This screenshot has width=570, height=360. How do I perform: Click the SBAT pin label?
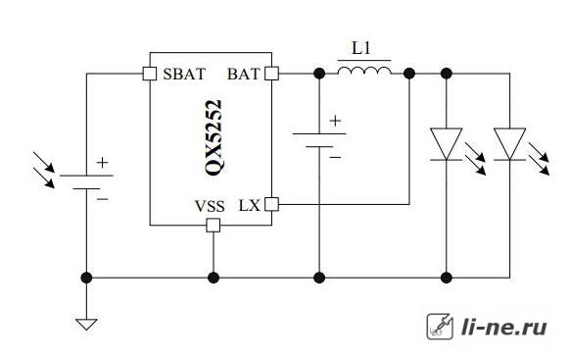pyautogui.click(x=184, y=74)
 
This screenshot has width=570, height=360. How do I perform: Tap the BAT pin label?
pyautogui.click(x=243, y=74)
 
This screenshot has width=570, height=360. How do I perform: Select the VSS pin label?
pyautogui.click(x=210, y=206)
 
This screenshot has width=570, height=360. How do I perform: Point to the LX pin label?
pyautogui.click(x=250, y=206)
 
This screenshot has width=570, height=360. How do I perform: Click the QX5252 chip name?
pyautogui.click(x=214, y=137)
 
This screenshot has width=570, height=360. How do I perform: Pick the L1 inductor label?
pyautogui.click(x=361, y=48)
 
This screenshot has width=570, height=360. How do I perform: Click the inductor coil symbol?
pyautogui.click(x=364, y=71)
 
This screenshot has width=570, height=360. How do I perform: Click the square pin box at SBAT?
pyautogui.click(x=150, y=74)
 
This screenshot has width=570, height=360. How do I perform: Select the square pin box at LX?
pyautogui.click(x=271, y=204)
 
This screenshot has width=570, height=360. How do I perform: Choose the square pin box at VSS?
pyautogui.click(x=214, y=225)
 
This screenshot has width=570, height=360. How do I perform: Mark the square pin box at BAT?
pyautogui.click(x=271, y=74)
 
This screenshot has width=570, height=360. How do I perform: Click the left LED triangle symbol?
pyautogui.click(x=446, y=144)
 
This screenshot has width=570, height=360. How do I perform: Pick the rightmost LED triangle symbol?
pyautogui.click(x=509, y=144)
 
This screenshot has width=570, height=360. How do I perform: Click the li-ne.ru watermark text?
pyautogui.click(x=503, y=327)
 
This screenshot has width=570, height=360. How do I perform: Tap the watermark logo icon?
pyautogui.click(x=440, y=327)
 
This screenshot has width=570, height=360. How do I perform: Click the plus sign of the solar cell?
pyautogui.click(x=103, y=163)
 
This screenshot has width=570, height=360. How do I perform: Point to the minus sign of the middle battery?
pyautogui.click(x=335, y=157)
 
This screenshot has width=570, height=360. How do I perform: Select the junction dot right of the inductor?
pyautogui.click(x=409, y=74)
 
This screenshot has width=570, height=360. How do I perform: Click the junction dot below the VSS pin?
pyautogui.click(x=214, y=278)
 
